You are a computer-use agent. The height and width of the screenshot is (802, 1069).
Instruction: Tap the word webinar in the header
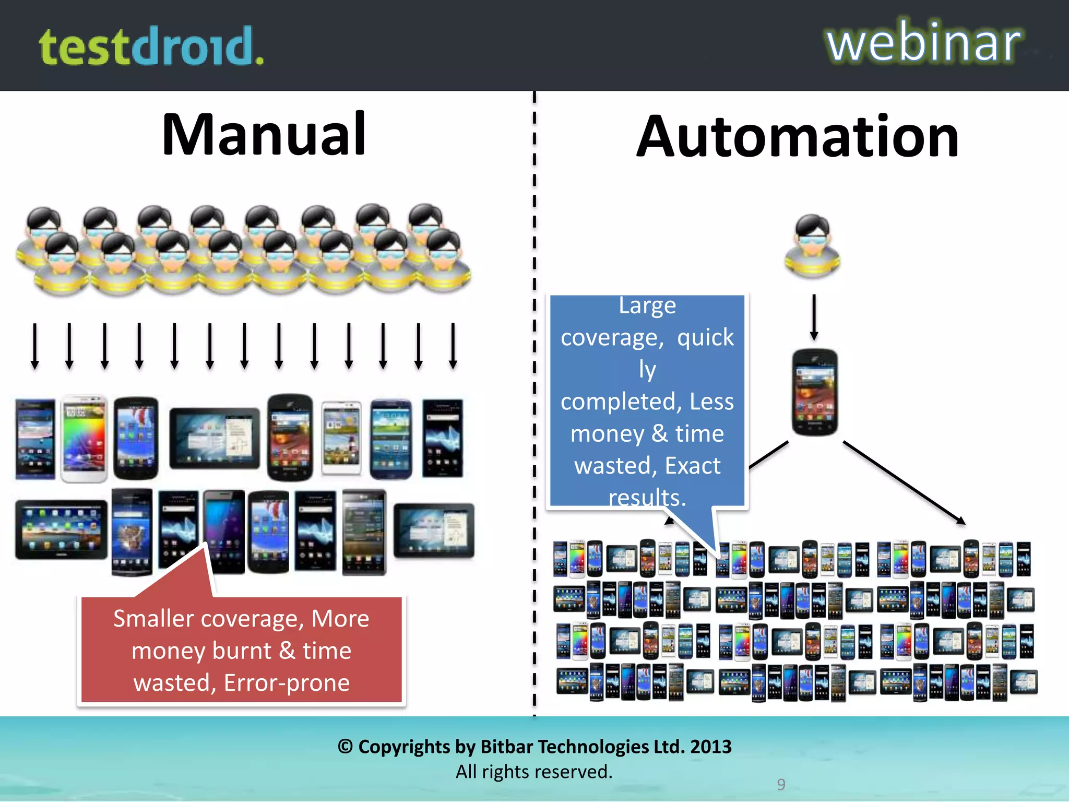click(923, 43)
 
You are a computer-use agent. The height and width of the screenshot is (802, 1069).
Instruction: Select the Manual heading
click(264, 135)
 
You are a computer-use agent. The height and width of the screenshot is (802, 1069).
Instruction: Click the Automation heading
click(798, 137)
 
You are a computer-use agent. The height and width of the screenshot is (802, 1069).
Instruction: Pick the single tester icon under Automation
click(813, 245)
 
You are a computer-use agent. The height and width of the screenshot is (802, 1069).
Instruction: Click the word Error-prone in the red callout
click(287, 683)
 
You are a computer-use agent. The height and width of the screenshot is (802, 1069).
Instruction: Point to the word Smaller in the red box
click(153, 619)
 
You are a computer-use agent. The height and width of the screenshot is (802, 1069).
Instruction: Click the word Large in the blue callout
click(647, 306)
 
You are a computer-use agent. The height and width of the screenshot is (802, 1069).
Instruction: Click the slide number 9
click(781, 784)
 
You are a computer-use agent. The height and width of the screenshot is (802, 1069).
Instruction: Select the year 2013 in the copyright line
click(710, 747)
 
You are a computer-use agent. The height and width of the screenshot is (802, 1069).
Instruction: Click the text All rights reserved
click(534, 772)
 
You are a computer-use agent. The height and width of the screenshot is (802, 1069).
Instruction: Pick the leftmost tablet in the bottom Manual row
click(61, 529)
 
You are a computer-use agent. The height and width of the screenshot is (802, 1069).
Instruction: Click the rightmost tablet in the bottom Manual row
click(434, 530)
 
